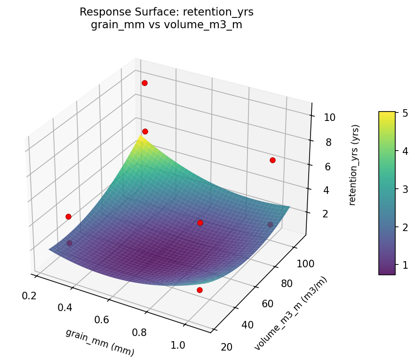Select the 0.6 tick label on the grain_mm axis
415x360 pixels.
(x=101, y=320)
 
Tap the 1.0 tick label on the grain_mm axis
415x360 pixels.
(x=177, y=345)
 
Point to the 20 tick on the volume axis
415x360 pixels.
(x=226, y=347)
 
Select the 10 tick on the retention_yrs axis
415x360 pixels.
(x=329, y=117)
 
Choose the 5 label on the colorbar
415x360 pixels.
(x=404, y=113)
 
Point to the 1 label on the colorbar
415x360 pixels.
(x=404, y=265)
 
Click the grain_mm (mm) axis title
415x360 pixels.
(x=100, y=342)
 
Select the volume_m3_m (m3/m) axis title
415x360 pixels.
(x=290, y=313)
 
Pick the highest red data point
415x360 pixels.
(x=144, y=83)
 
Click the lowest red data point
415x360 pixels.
(x=200, y=290)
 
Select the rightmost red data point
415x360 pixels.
(x=272, y=160)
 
